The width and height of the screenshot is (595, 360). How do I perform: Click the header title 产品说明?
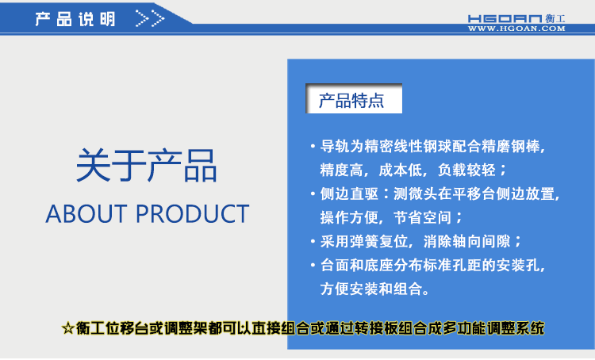75,18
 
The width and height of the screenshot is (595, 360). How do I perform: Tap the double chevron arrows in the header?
150,18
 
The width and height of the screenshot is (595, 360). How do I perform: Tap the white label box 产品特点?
352,101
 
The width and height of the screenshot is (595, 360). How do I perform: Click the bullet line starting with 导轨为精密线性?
433,147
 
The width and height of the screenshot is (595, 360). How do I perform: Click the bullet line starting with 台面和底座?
433,265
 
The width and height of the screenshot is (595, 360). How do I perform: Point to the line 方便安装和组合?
376,289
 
